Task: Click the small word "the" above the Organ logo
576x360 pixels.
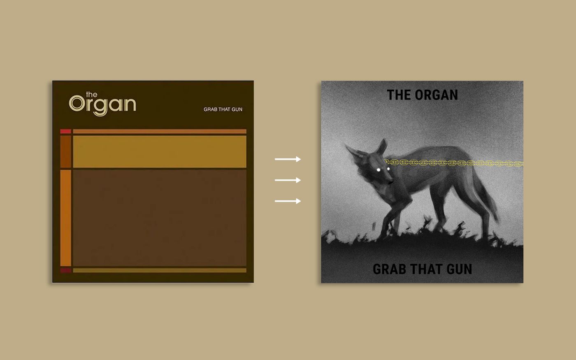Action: coord(91,95)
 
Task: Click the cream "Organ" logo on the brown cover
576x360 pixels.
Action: coord(102,105)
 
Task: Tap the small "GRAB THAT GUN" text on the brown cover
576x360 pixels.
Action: coord(223,109)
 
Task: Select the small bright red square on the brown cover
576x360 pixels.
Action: coord(66,132)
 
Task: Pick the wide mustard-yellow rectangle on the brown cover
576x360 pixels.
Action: coord(160,151)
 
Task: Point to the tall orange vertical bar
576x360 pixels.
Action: coord(66,218)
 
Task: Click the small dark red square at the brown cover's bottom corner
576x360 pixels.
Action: coord(66,270)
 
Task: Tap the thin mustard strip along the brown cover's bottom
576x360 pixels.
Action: coord(160,270)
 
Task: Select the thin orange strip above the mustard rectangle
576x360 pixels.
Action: coord(160,132)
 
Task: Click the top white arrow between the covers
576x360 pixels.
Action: coord(288,159)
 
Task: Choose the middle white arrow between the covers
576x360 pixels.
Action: coord(288,180)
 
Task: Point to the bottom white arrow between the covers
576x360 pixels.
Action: coord(288,201)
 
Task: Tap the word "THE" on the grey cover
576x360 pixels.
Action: coord(399,95)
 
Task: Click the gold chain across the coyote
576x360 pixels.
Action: coord(453,163)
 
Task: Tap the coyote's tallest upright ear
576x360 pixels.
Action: coord(382,147)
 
